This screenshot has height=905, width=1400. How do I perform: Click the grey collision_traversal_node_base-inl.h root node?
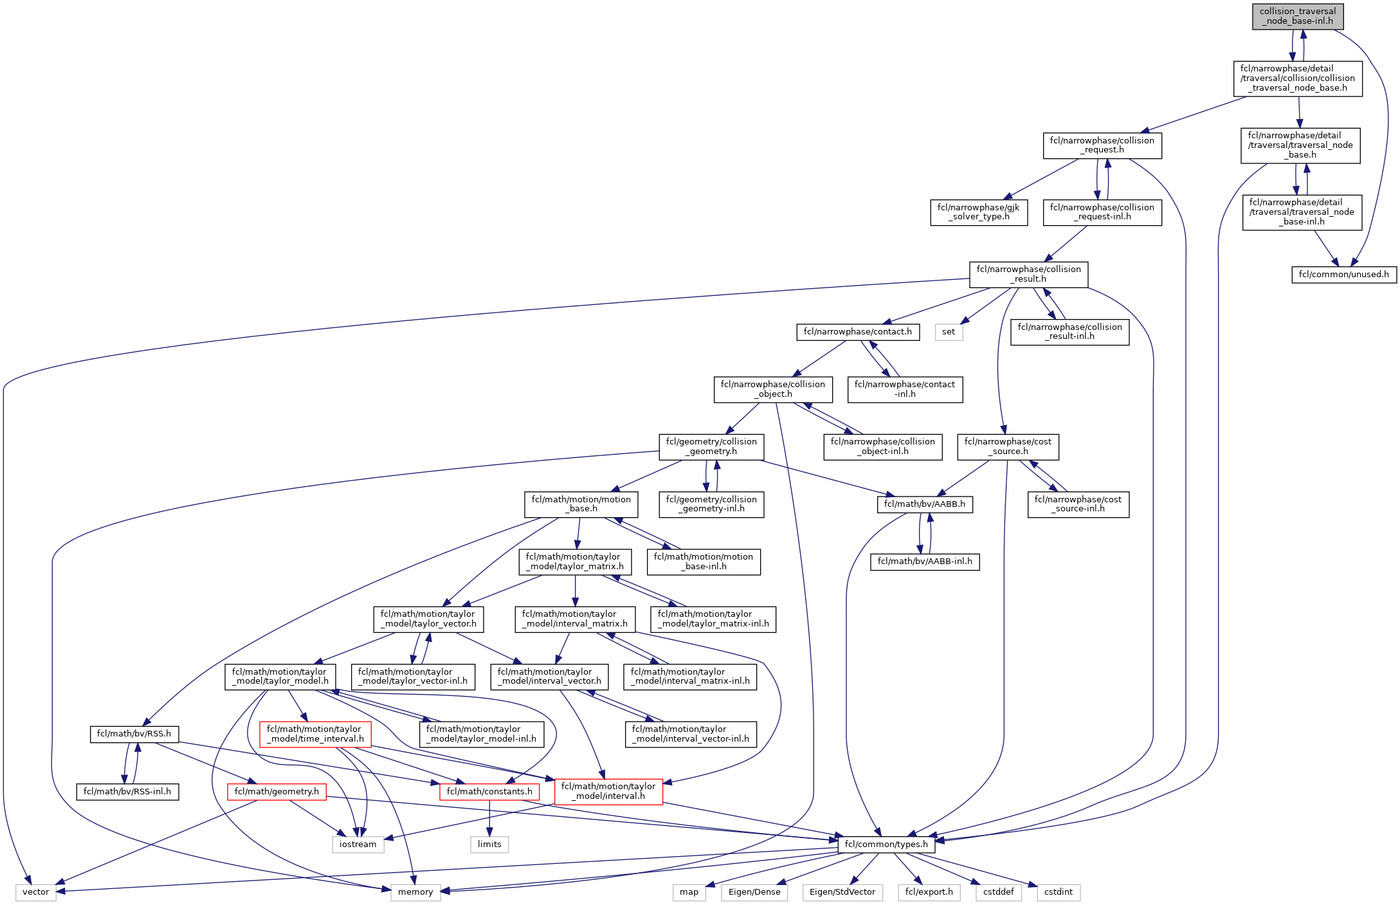[1297, 16]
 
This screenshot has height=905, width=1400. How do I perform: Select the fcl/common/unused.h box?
[1343, 275]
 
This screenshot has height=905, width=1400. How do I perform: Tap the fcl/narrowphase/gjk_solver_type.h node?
[978, 212]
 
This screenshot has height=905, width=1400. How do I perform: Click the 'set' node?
[949, 332]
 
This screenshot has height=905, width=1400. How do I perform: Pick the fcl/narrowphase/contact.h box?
[857, 332]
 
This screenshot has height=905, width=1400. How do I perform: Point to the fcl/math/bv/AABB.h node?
[924, 504]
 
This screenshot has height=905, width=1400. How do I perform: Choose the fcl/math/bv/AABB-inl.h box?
[925, 562]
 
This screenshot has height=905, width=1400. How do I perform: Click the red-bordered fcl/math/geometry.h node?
[277, 792]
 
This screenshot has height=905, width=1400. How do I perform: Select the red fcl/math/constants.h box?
[489, 792]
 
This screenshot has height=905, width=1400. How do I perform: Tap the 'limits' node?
[489, 845]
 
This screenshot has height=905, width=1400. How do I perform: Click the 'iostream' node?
[358, 845]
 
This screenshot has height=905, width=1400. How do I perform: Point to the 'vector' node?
[36, 892]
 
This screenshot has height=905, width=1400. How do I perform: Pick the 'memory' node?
[415, 892]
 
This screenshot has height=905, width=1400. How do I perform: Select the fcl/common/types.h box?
[886, 845]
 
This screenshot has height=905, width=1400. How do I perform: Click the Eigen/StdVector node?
[842, 892]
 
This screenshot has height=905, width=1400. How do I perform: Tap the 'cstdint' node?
[1059, 892]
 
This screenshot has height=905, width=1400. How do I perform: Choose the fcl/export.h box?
[929, 892]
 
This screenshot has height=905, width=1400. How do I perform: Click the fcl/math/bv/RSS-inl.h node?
[127, 792]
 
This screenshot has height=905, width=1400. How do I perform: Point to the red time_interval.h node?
[315, 734]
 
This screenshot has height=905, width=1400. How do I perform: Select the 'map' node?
[689, 892]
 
